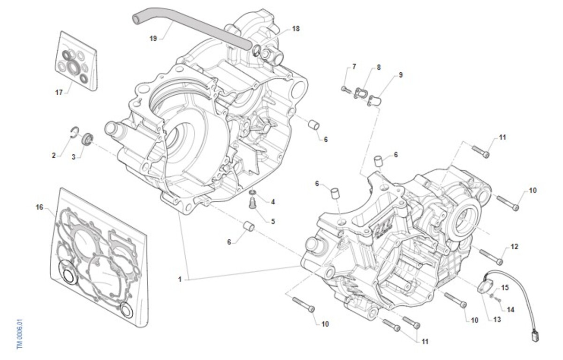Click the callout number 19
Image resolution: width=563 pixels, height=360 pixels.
(153, 39)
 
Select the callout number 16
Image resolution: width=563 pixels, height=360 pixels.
(39, 206)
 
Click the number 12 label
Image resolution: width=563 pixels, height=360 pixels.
(514, 246)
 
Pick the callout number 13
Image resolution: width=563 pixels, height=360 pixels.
(497, 319)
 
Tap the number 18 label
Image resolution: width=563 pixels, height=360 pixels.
(295, 29)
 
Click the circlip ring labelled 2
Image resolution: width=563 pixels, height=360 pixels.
(73, 132)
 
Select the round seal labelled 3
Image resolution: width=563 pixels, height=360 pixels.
(87, 139)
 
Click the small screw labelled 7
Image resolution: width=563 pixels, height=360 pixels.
(345, 89)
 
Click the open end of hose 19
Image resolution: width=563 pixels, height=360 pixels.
(137, 18)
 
